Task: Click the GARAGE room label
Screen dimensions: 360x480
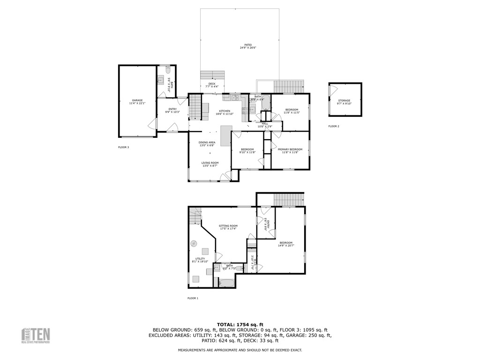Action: [137, 100]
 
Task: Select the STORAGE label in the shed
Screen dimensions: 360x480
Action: [345, 101]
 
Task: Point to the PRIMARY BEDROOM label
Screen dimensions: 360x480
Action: [290, 150]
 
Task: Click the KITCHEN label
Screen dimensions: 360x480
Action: [223, 111]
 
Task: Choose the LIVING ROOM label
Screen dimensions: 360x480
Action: [210, 163]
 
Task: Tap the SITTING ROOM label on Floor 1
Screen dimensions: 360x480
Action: [228, 226]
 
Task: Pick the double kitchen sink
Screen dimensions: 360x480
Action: [235, 98]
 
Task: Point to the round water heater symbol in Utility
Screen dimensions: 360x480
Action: [194, 243]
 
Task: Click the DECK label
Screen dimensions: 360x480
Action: [212, 84]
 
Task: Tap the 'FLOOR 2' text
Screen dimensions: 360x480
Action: [334, 126]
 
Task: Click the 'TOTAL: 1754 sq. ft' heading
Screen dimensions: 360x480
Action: [240, 324]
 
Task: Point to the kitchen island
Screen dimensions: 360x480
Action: [226, 135]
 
